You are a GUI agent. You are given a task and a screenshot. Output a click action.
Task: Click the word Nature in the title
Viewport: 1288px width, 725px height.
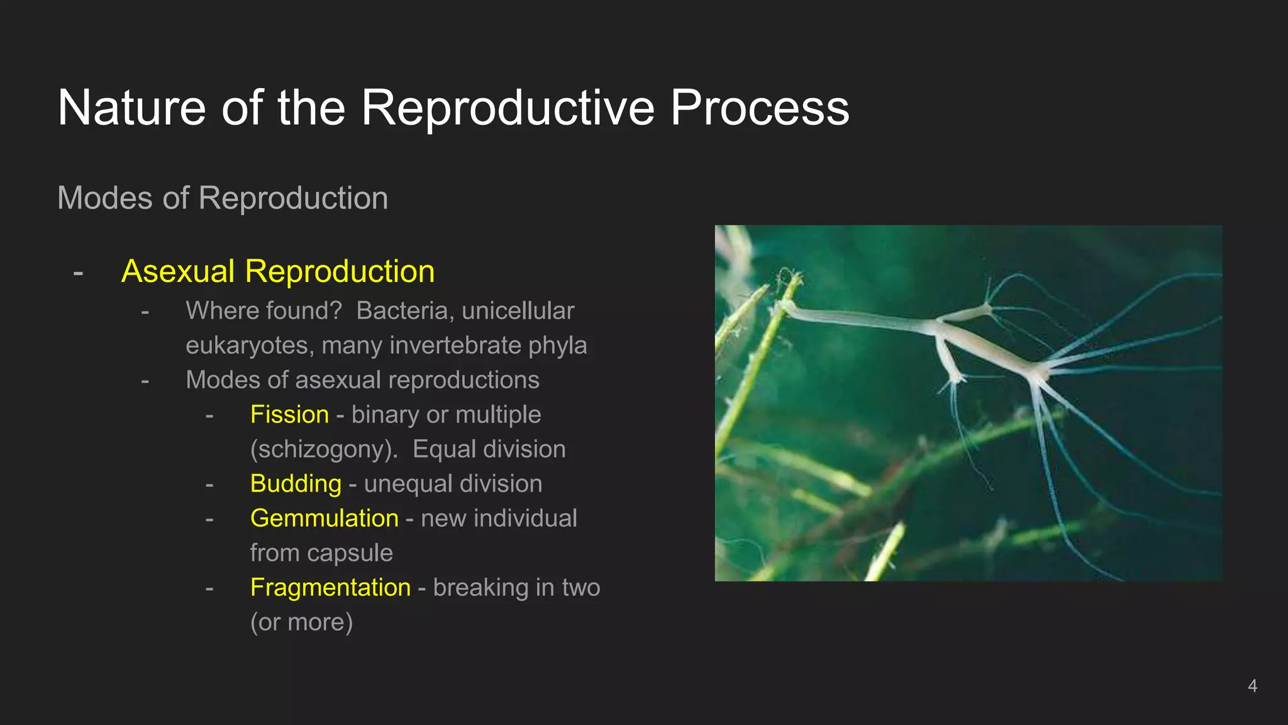click(131, 108)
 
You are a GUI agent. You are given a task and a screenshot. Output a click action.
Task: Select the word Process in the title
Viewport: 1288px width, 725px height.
click(759, 108)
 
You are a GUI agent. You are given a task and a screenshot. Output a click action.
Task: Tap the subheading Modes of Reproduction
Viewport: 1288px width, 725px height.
click(223, 198)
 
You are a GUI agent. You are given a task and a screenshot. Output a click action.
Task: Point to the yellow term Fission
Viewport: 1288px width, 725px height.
click(289, 415)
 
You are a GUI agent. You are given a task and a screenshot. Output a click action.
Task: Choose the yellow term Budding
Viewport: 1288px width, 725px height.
click(296, 484)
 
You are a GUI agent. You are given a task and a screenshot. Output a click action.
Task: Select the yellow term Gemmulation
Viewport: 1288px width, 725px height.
click(324, 519)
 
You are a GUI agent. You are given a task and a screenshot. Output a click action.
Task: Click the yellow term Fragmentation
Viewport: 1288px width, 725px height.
click(330, 588)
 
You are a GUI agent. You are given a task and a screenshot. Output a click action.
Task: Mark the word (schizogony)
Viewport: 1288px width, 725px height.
click(324, 449)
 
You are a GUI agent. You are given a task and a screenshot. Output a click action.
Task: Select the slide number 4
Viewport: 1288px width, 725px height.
click(1252, 686)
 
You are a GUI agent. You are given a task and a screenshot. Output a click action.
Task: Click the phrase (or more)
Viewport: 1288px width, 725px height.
click(301, 622)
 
